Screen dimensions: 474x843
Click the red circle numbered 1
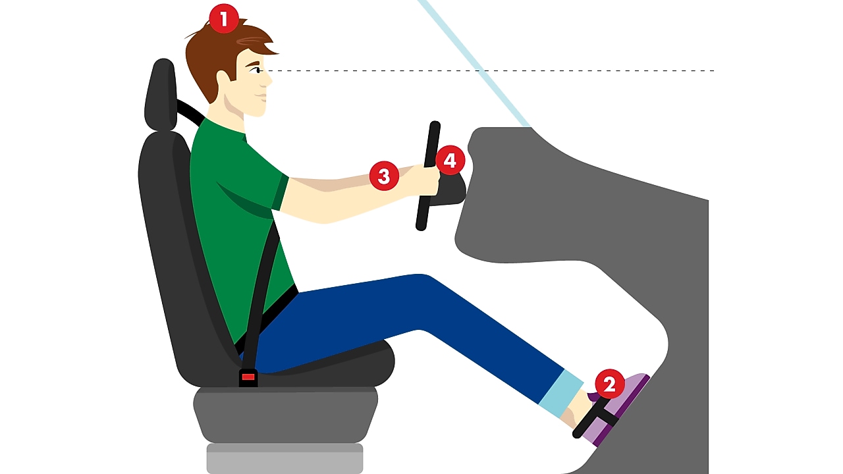coord(224,19)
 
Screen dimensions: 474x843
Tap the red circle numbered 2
coord(609,384)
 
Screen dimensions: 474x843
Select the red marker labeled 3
coord(384,176)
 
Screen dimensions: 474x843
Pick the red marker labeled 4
coord(450,160)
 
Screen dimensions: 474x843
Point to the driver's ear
coord(222,77)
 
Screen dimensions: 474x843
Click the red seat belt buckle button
coord(248,377)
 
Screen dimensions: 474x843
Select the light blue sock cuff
coord(561,393)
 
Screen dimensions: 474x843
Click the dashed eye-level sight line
coord(527,70)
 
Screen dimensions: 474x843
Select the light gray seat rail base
coord(285,458)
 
